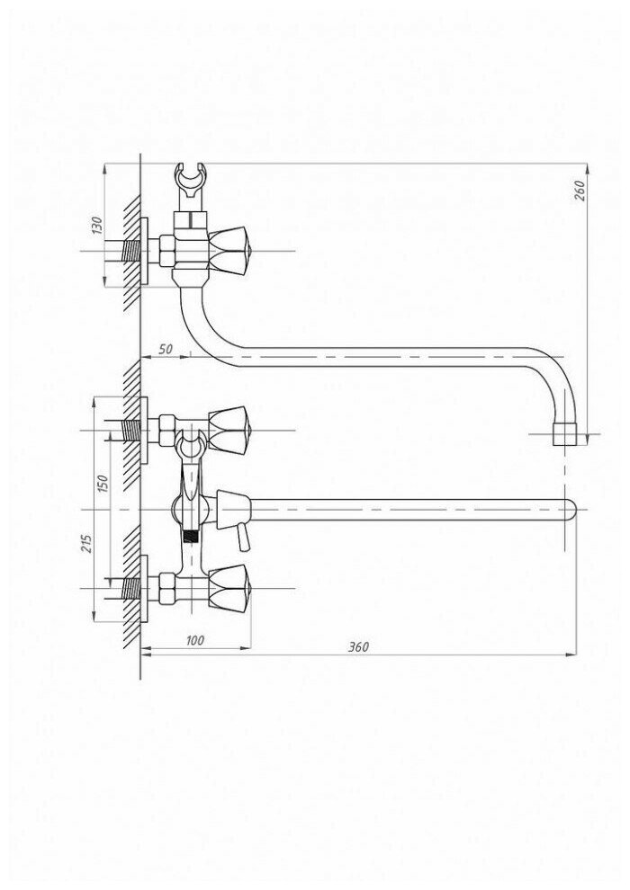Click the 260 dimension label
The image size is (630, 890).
(580, 191)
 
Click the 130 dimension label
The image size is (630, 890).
(98, 226)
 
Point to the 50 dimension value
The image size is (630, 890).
(165, 350)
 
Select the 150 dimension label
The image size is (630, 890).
(102, 483)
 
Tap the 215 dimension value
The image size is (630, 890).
(85, 546)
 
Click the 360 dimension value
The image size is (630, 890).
(359, 647)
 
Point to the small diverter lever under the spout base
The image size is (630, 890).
(241, 537)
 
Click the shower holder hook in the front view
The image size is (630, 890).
(189, 442)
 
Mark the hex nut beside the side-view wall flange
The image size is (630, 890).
(166, 247)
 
